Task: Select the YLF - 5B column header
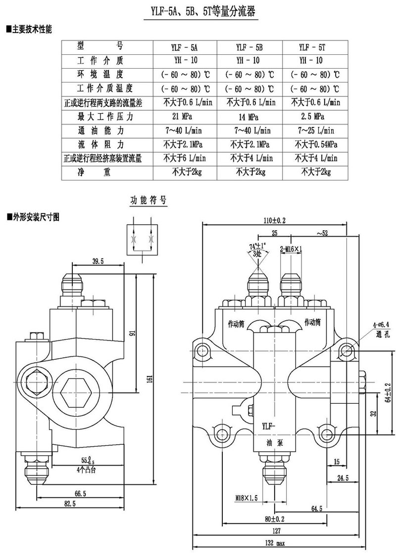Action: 249,47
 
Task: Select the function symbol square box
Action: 144,240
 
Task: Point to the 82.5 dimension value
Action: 67,504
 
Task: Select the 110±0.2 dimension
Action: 275,220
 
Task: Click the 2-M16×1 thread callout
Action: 291,250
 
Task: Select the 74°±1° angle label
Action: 257,246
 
